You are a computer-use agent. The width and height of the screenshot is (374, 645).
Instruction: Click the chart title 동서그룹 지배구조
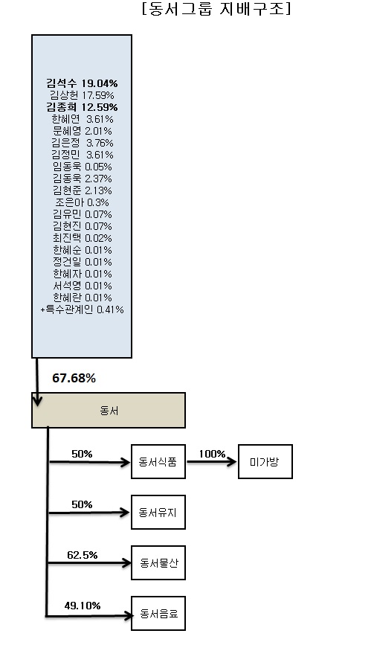(216, 9)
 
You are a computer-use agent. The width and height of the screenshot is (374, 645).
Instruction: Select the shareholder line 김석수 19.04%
(82, 83)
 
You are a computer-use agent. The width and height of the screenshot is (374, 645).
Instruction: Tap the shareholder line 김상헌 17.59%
(82, 95)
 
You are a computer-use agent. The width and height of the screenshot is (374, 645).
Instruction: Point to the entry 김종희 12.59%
(82, 107)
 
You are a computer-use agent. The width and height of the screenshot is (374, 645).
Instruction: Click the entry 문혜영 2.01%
(82, 131)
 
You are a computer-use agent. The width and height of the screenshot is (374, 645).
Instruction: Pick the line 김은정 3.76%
(82, 143)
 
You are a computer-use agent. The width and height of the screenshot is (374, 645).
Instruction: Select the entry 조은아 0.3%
(82, 202)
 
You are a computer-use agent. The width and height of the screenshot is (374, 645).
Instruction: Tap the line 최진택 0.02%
(82, 238)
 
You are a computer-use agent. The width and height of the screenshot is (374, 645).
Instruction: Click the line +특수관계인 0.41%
(82, 309)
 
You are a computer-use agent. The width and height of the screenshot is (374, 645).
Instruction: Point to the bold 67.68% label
(74, 378)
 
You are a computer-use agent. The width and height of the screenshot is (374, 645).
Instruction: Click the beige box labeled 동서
(109, 410)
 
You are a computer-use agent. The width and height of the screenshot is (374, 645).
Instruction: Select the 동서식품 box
(158, 461)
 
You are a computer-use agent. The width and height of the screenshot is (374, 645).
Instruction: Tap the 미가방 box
(265, 461)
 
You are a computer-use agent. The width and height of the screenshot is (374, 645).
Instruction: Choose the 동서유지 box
(158, 512)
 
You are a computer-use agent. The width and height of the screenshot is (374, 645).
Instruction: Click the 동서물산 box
(158, 562)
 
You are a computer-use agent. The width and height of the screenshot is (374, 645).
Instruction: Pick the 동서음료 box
(158, 613)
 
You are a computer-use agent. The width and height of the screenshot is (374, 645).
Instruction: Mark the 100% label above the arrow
(212, 454)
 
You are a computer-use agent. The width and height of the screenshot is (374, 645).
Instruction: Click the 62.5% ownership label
(83, 555)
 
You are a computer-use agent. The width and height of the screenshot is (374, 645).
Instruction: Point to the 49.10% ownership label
(83, 606)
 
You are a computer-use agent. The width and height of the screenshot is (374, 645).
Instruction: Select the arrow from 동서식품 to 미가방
(212, 461)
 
